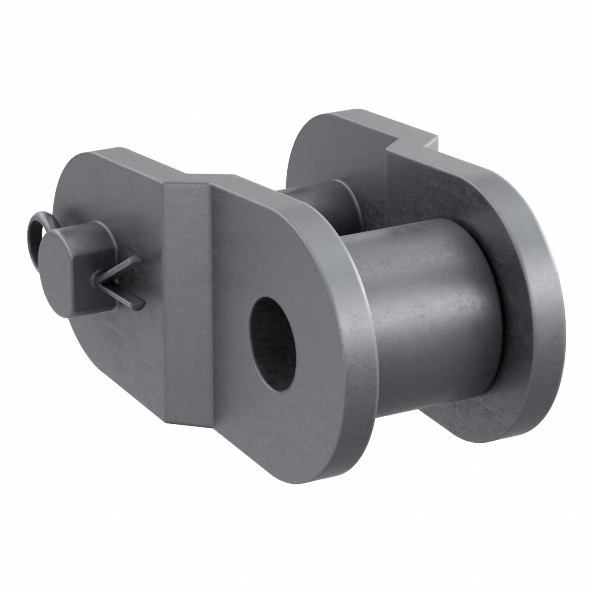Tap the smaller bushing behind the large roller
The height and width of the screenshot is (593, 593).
[319, 203]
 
